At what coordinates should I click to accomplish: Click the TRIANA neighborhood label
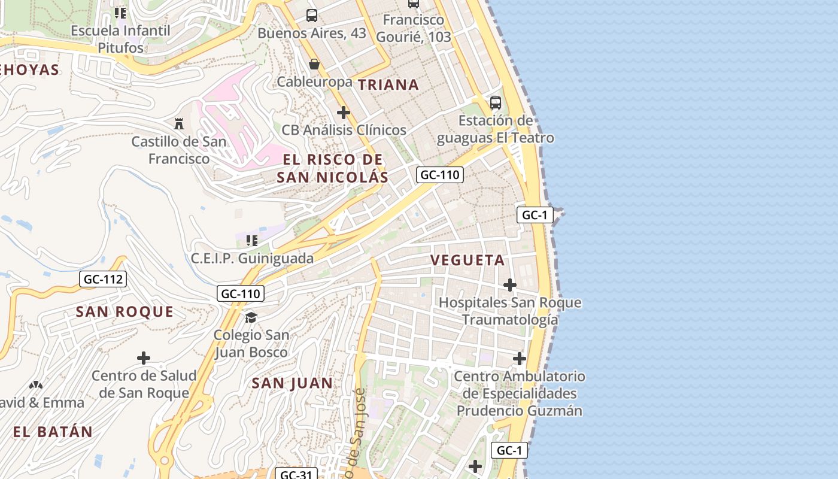tap(388, 84)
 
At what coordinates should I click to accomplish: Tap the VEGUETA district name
tap(467, 260)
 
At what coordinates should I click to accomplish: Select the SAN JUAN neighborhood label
tap(292, 383)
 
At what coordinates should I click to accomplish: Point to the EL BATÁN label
tap(53, 432)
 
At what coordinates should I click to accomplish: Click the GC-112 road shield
tap(103, 278)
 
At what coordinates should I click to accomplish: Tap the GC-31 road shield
tap(296, 475)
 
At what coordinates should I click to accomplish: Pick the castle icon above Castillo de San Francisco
tap(178, 124)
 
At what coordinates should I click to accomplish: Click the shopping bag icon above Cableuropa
tap(314, 64)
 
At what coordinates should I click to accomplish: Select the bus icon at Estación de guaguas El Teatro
tap(496, 102)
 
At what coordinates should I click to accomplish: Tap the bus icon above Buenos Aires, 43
tap(312, 16)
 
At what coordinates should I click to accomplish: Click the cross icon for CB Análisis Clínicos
tap(344, 113)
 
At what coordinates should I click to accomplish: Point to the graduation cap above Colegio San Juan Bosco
tap(251, 317)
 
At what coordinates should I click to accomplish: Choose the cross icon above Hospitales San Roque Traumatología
tap(510, 285)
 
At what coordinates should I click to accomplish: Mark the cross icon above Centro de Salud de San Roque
tap(144, 358)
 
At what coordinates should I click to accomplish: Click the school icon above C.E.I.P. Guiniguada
tap(252, 241)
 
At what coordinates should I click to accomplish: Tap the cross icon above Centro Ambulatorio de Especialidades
tap(520, 359)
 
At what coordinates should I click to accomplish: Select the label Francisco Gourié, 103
tap(414, 28)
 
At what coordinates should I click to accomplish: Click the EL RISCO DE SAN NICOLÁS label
tap(333, 168)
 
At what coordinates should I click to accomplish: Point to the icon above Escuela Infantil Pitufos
tap(120, 13)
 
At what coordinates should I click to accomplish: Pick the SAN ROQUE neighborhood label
tap(125, 312)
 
